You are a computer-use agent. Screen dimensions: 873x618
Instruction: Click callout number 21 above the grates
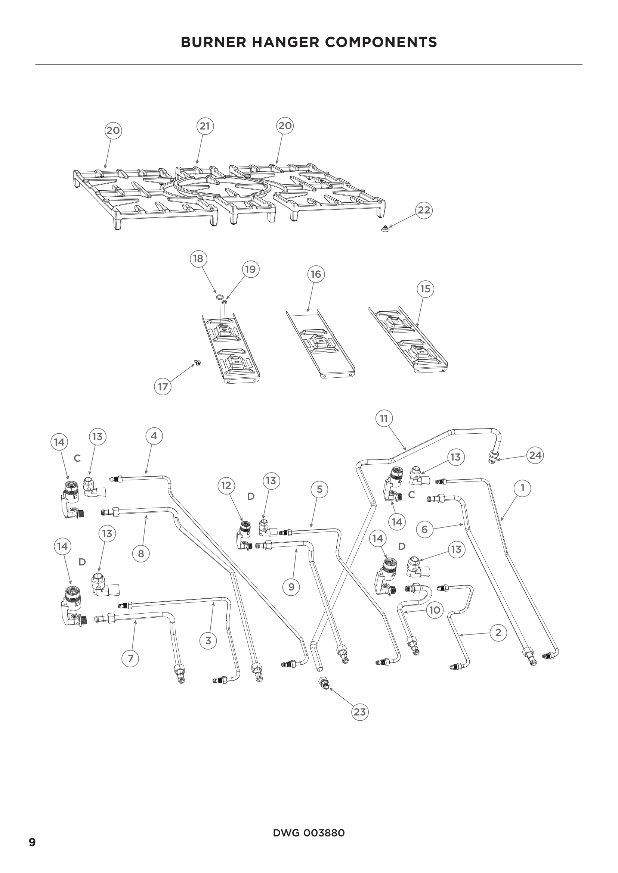[x=205, y=126]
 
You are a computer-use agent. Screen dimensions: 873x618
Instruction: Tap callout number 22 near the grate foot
[x=424, y=210]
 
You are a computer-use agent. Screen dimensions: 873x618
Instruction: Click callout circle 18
[x=198, y=259]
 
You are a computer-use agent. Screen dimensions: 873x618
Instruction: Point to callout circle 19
[x=250, y=269]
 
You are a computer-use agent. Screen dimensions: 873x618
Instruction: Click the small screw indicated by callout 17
[x=198, y=363]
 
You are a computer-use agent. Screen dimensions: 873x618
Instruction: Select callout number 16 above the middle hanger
[x=316, y=274]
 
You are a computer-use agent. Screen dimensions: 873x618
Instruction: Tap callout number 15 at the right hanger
[x=425, y=289]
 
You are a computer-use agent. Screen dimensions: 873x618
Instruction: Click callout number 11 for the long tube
[x=384, y=419]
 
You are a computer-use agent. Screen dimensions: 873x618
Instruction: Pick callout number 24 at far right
[x=535, y=455]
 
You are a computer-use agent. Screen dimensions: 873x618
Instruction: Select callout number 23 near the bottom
[x=359, y=712]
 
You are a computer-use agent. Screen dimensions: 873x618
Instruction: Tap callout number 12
[x=226, y=486]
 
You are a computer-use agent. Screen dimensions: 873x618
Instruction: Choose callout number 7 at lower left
[x=130, y=658]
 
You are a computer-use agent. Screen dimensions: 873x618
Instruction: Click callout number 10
[x=435, y=610]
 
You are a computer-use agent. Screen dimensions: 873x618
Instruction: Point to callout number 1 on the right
[x=522, y=488]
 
